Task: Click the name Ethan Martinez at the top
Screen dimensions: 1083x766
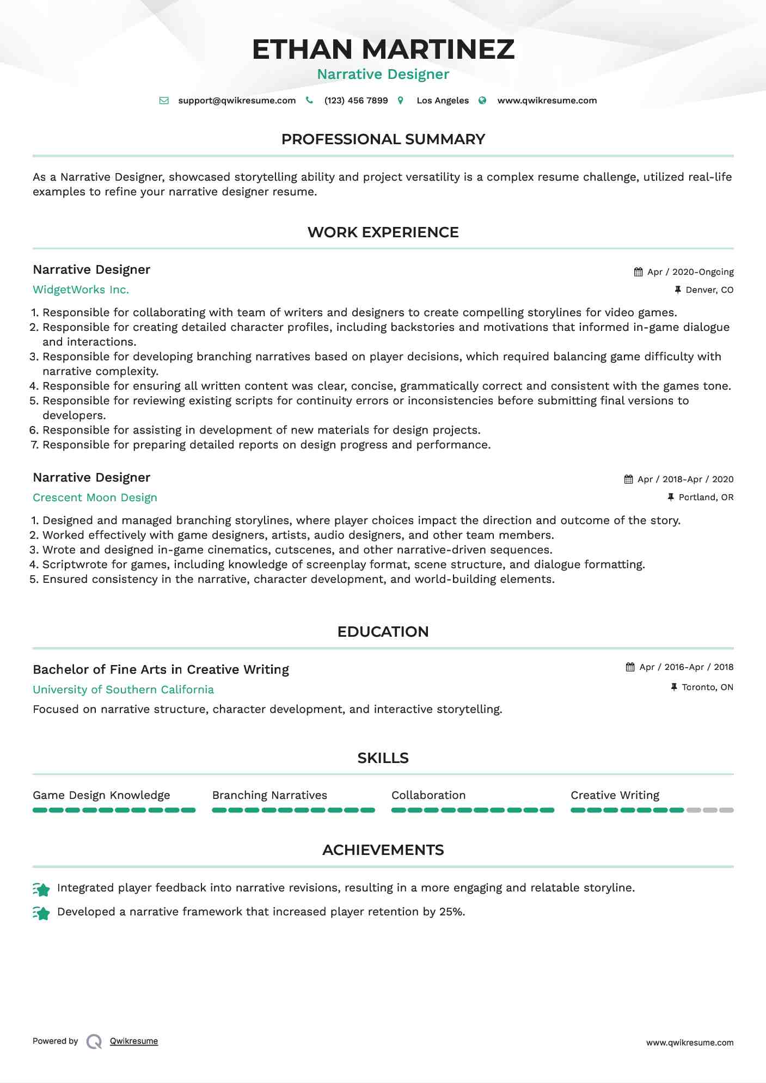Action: pos(383,49)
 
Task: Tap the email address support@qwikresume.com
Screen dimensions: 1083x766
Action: pos(237,101)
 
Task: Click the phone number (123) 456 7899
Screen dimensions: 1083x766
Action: pos(356,101)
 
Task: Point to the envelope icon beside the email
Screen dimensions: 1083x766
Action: pos(164,101)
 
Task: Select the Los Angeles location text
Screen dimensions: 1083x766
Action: pos(443,101)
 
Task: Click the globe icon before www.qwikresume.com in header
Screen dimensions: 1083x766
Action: pos(482,101)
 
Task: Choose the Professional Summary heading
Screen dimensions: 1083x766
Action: pos(383,139)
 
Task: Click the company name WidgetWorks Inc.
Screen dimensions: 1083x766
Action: pos(81,290)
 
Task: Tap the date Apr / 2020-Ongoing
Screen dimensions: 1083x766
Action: pos(690,272)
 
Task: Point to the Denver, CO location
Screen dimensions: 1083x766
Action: pos(709,290)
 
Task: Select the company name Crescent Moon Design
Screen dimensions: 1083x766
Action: pos(95,497)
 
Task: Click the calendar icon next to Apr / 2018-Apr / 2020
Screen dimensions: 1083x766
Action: pos(629,479)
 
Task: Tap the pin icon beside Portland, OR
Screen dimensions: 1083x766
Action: pos(671,497)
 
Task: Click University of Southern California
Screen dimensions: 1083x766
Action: pos(123,690)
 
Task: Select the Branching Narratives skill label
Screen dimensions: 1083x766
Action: pos(269,795)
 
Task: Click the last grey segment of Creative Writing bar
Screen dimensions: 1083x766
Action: pos(726,810)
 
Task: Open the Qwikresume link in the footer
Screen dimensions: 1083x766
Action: pos(134,1041)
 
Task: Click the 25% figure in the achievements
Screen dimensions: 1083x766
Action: pos(451,912)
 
